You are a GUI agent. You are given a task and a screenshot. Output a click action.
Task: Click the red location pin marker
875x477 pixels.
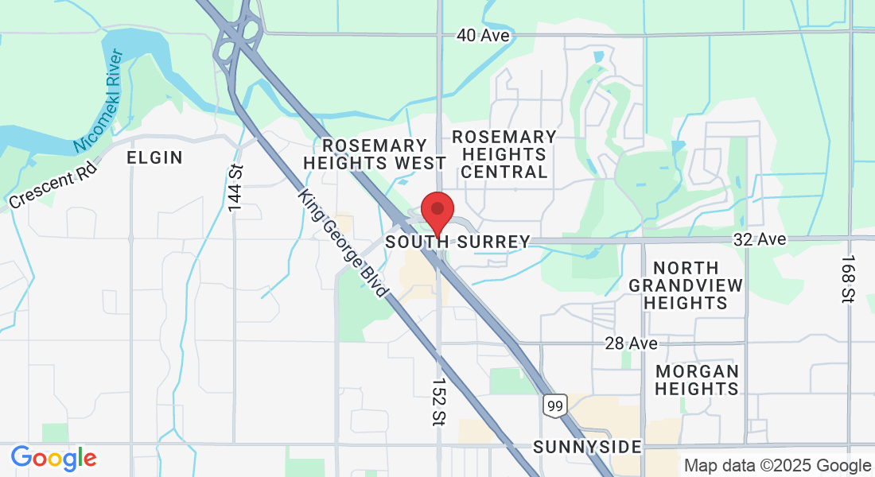437,211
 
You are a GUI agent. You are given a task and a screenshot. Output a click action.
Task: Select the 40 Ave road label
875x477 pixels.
483,36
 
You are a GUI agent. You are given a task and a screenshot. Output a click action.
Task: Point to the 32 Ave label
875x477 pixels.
760,239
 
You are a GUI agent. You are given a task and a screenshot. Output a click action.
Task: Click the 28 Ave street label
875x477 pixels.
631,343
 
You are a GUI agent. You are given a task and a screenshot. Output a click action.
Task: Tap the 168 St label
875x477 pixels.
848,279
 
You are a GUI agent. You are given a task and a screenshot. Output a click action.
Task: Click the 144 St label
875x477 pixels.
235,188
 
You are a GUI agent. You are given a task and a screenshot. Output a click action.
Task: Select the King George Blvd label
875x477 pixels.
343,243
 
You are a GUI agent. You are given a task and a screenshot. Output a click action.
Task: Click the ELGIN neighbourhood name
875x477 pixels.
155,157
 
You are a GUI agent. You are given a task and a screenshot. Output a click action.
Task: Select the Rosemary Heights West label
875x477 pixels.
375,154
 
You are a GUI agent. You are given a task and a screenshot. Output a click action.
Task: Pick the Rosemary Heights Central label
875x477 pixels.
504,154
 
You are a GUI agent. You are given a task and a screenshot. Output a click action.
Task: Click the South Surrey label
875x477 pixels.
457,242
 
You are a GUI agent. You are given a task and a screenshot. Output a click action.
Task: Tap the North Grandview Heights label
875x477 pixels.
685,285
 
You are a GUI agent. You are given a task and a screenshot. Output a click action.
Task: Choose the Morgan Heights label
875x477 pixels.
697,380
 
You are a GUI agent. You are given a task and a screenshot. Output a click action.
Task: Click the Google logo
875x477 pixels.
53,458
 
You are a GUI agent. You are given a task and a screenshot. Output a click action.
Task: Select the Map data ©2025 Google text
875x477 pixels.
778,466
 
